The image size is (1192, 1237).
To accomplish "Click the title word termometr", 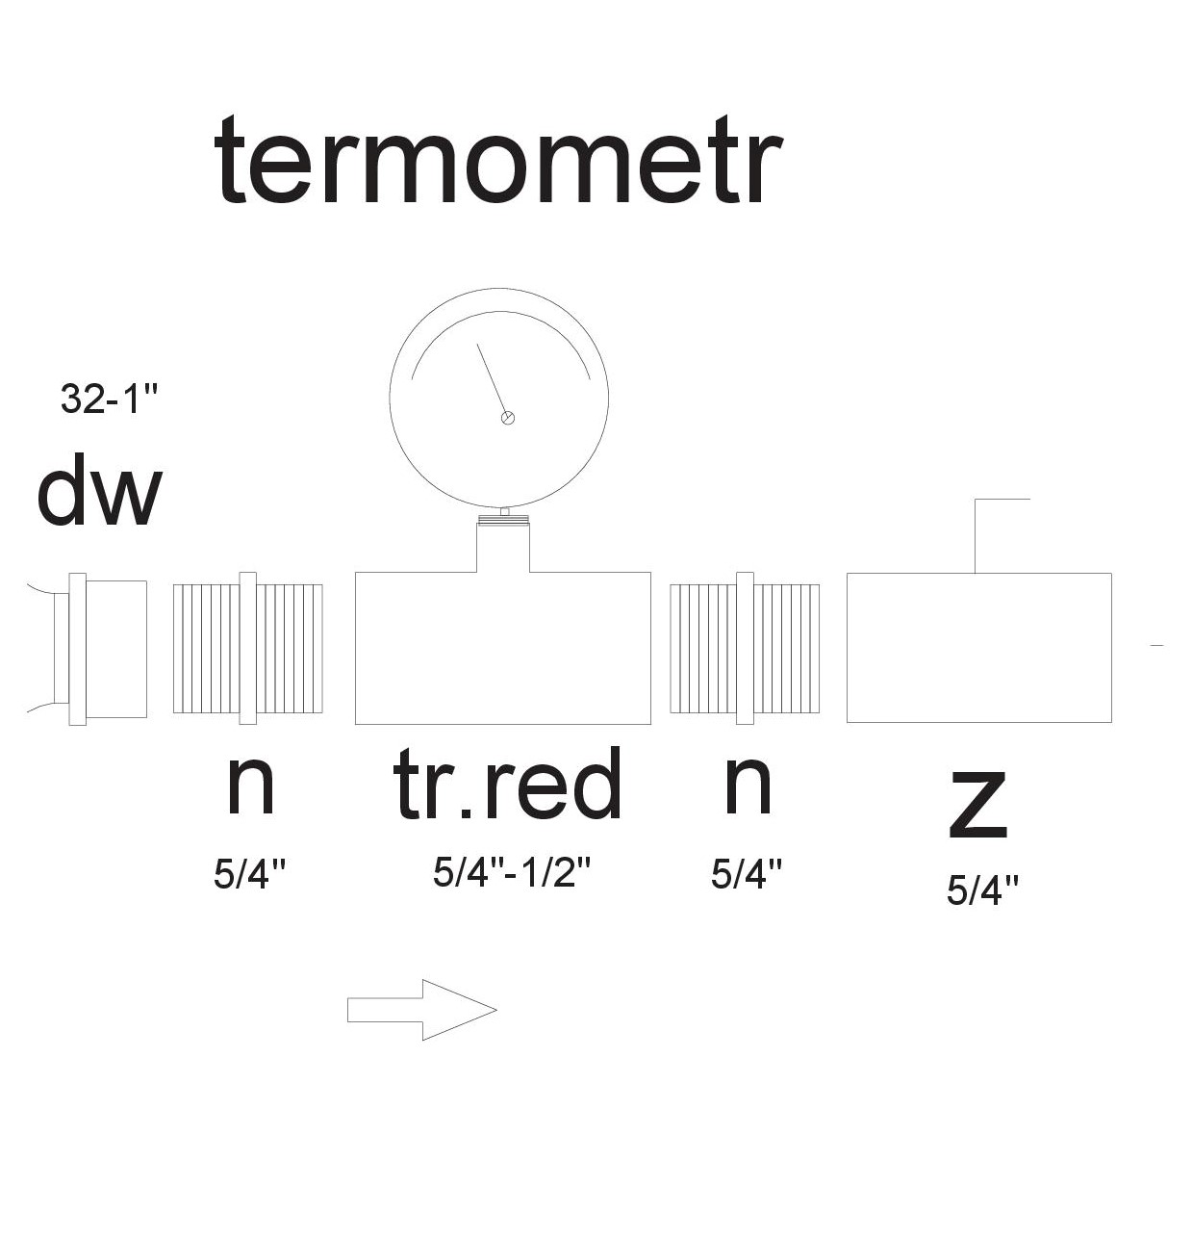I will tap(497, 161).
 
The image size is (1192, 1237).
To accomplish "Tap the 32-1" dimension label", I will tap(108, 399).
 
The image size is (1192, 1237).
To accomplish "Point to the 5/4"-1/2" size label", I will tap(511, 872).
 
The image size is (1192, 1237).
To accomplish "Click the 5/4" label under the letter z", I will tap(982, 890).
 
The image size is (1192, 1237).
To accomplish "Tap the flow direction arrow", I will tap(421, 1010).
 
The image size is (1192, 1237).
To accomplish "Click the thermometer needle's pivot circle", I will tap(508, 418).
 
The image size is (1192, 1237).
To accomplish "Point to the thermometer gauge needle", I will tap(492, 380).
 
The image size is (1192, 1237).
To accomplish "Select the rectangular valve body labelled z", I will tap(978, 647).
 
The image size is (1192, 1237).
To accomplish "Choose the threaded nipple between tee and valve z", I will tap(745, 648).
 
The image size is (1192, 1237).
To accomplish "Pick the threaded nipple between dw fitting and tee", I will tap(247, 648).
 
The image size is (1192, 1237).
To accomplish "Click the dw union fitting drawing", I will tap(101, 648).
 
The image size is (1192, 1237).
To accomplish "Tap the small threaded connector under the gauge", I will tap(503, 520).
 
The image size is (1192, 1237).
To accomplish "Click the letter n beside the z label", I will tap(748, 785).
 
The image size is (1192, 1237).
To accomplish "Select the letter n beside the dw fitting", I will tap(250, 785).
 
